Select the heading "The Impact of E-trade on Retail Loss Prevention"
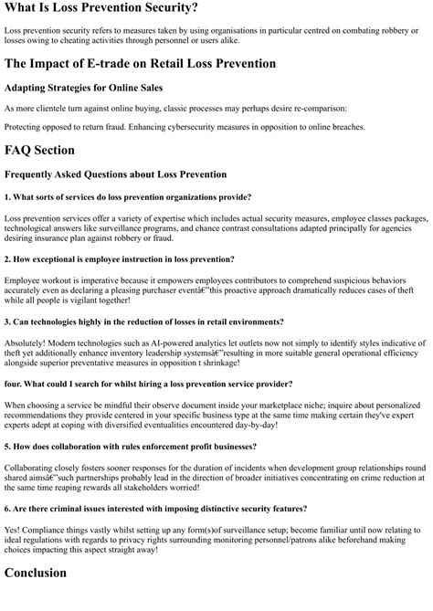coord(140,63)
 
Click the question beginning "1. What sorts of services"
coord(127,196)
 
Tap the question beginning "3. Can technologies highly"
coord(143,321)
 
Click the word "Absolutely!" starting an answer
coord(27,342)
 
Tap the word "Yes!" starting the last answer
coord(14,529)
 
